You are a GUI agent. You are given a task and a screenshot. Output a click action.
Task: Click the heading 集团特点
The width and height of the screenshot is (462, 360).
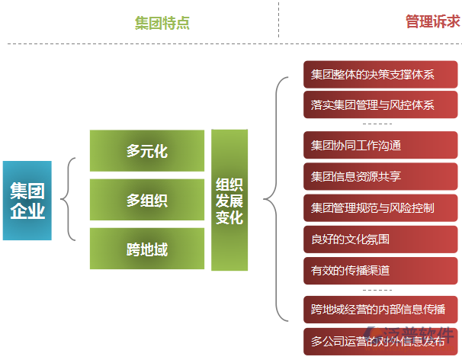[162, 23]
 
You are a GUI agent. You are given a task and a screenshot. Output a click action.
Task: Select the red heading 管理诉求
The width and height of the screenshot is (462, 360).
[432, 21]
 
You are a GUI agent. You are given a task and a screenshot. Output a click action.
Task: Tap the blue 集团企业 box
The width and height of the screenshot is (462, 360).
[27, 201]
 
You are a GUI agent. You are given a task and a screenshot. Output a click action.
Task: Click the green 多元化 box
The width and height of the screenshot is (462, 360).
[147, 151]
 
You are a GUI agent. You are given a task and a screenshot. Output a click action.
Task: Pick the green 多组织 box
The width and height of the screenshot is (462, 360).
[147, 200]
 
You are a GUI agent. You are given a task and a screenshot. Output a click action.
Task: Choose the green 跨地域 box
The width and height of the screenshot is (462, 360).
[147, 249]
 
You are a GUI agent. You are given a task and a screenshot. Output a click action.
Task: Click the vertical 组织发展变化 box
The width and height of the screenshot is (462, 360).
[229, 200]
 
